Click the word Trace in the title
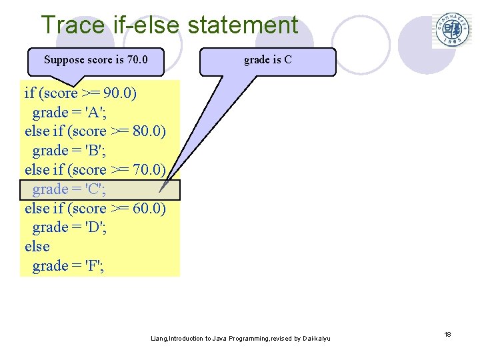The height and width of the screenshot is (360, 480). coord(73,25)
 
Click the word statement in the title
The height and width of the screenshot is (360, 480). coord(243,25)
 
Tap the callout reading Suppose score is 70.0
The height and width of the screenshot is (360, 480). coord(95,60)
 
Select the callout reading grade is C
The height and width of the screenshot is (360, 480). coord(268,60)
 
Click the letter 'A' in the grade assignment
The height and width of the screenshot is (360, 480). coord(88,112)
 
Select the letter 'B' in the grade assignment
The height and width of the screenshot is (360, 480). coord(88,151)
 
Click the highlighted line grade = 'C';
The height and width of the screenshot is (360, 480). coord(69,189)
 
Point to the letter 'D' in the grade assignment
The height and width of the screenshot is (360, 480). coord(88,227)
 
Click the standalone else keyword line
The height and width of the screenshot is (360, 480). coord(37,247)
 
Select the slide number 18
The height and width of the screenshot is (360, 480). coord(448,334)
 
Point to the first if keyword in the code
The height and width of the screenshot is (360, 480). coord(29,93)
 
